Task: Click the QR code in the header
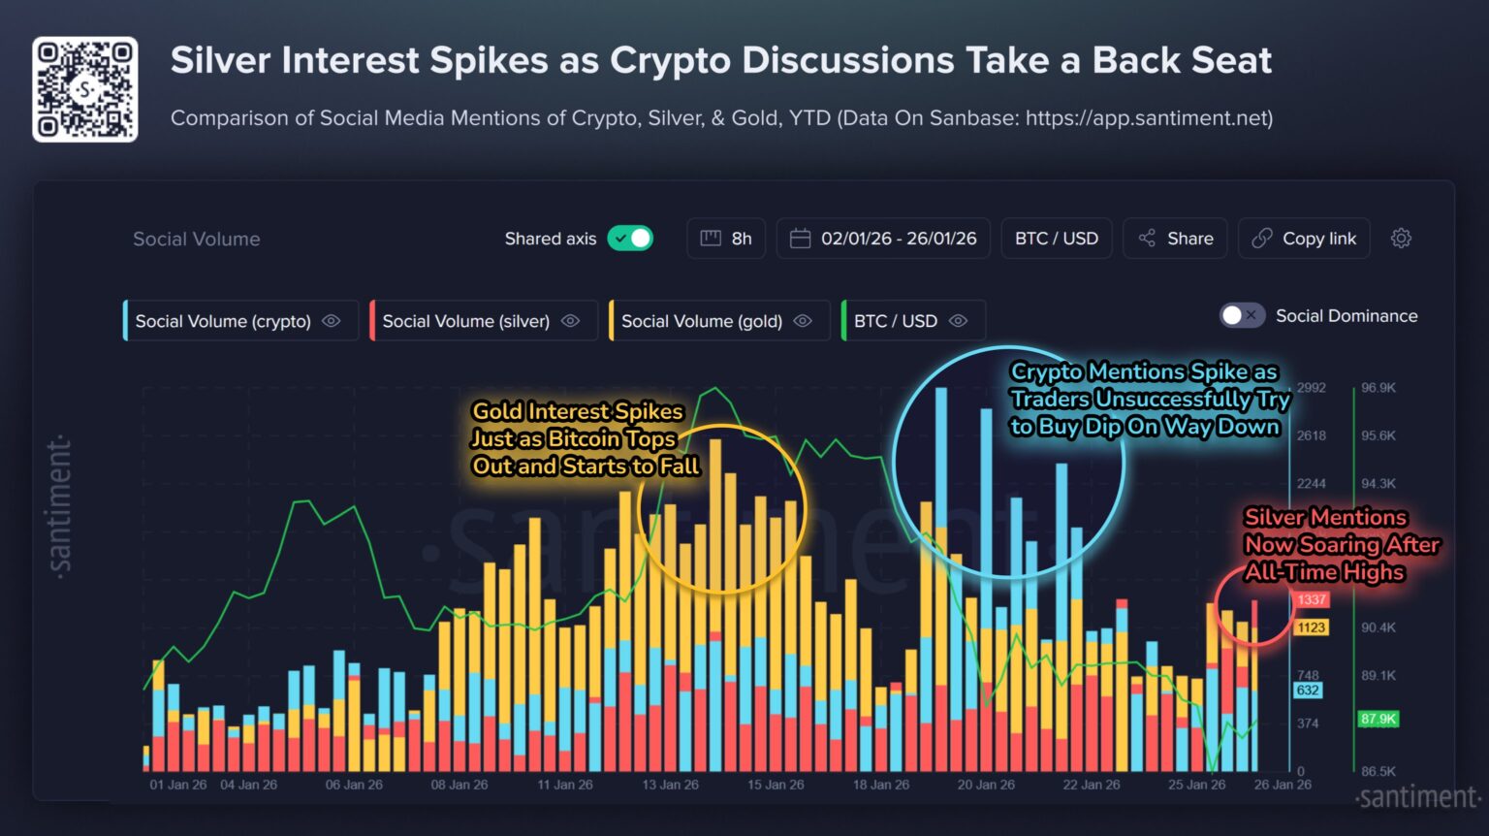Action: (x=85, y=89)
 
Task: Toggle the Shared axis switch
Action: (x=630, y=239)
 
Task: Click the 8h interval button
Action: (x=726, y=239)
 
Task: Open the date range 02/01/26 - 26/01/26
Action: (x=883, y=239)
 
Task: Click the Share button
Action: (x=1175, y=239)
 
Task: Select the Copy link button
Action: (x=1304, y=239)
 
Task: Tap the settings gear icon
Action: (x=1401, y=239)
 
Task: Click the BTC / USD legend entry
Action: (x=911, y=321)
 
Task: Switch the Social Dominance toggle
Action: (x=1241, y=316)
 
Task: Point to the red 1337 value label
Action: (x=1311, y=600)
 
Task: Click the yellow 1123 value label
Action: (x=1311, y=627)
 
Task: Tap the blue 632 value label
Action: (x=1308, y=691)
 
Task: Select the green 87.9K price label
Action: (x=1378, y=719)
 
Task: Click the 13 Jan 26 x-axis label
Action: (x=670, y=785)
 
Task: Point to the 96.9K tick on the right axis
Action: (x=1378, y=388)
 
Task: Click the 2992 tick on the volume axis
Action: (x=1311, y=388)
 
